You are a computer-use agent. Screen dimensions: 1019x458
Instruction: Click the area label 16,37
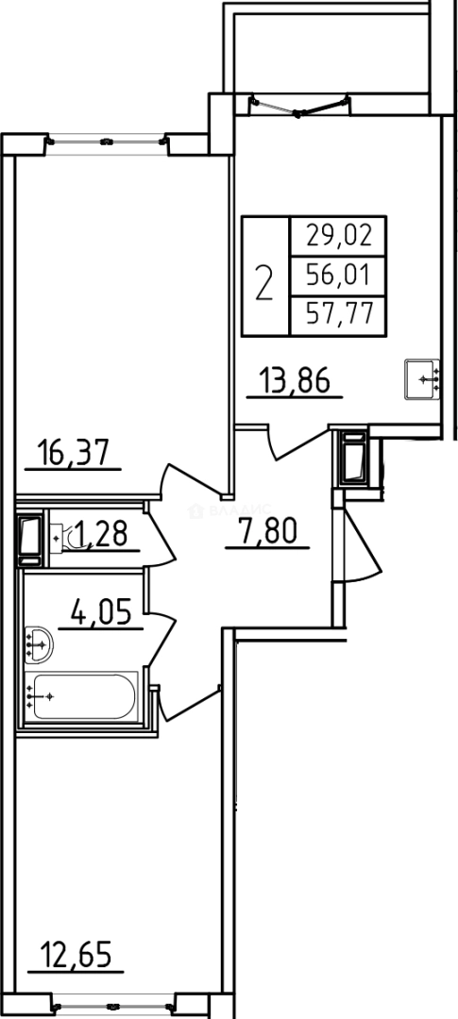coord(80,454)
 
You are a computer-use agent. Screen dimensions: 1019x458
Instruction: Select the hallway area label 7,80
coord(266,535)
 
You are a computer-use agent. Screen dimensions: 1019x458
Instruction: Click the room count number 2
coord(265,280)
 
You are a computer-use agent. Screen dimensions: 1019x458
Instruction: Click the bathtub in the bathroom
coord(85,697)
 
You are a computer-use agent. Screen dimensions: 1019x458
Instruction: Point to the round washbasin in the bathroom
coord(40,645)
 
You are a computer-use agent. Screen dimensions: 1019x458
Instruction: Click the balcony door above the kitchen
coord(298,106)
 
